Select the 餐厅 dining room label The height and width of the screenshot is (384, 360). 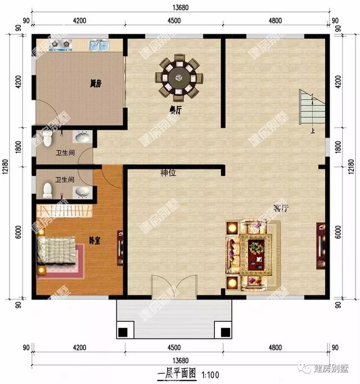[175, 110]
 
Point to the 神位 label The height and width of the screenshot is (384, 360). [168, 173]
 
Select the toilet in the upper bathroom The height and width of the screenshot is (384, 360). [47, 139]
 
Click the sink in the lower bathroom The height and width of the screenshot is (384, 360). [83, 192]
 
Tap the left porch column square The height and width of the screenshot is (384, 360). [123, 331]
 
